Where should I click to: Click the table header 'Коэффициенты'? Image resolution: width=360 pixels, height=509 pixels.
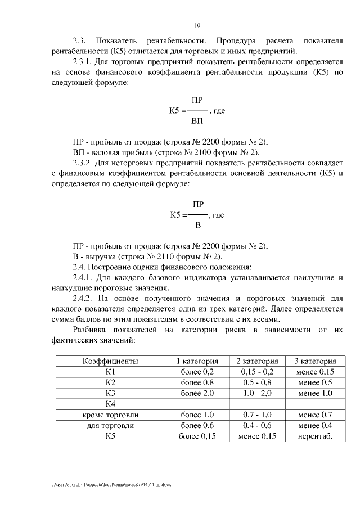pyautogui.click(x=110, y=361)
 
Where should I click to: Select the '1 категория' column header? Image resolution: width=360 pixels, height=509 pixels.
pyautogui.click(x=197, y=361)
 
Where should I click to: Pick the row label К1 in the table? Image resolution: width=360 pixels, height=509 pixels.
pyautogui.click(x=110, y=372)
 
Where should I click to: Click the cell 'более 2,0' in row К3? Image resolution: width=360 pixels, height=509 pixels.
pyautogui.click(x=197, y=393)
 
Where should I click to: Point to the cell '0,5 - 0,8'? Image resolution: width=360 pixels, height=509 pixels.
pyautogui.click(x=256, y=382)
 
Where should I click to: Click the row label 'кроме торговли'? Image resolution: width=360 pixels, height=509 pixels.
pyautogui.click(x=110, y=415)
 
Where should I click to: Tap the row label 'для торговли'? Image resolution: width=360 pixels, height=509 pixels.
pyautogui.click(x=110, y=425)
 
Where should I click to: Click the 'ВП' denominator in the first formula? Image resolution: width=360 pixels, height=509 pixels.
pyautogui.click(x=197, y=121)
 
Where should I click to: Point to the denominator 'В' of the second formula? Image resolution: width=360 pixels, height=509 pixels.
pyautogui.click(x=197, y=226)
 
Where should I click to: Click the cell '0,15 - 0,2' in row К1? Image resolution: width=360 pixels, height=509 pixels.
pyautogui.click(x=256, y=372)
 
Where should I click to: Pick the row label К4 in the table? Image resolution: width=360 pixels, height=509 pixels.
pyautogui.click(x=110, y=404)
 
